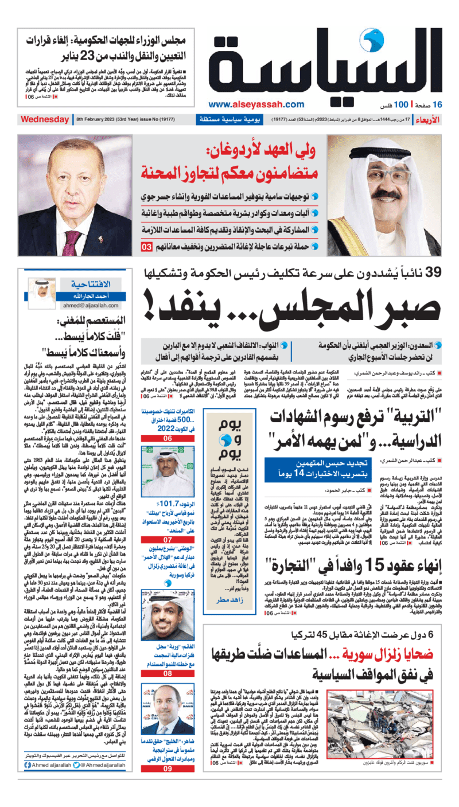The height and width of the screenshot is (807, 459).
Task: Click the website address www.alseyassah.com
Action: [x=256, y=104]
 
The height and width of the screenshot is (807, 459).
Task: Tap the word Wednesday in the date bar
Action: [x=45, y=120]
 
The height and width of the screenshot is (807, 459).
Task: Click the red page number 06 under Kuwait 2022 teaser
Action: [x=168, y=438]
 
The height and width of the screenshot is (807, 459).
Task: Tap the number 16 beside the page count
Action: [x=438, y=104]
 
